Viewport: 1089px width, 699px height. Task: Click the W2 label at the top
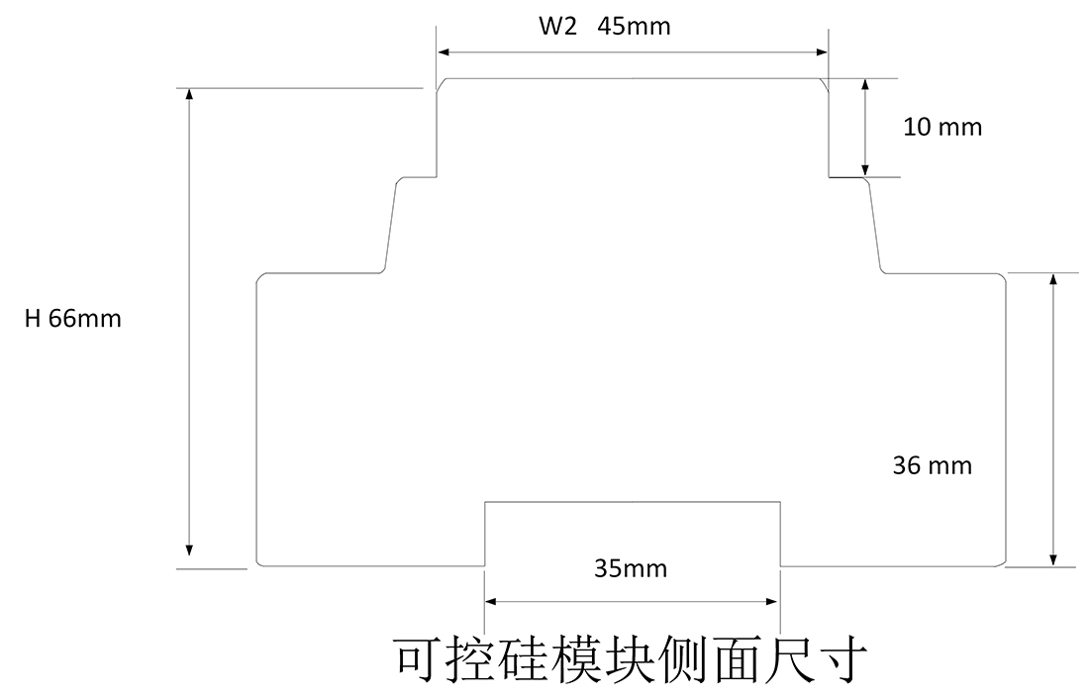557,27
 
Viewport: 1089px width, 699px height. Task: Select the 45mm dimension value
635,27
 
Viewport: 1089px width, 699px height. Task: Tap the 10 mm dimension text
942,127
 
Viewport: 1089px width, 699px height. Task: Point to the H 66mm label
73,319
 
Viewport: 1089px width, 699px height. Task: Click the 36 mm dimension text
933,465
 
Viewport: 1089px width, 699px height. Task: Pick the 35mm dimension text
631,569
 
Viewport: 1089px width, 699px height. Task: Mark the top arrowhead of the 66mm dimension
189,95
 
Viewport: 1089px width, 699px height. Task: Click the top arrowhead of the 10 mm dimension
865,85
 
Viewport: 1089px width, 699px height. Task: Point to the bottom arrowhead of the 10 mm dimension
865,169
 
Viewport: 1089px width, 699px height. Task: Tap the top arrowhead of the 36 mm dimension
1052,279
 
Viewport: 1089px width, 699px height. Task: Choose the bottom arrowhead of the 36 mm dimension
1052,558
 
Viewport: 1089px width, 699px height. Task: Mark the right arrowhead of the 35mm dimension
773,600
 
